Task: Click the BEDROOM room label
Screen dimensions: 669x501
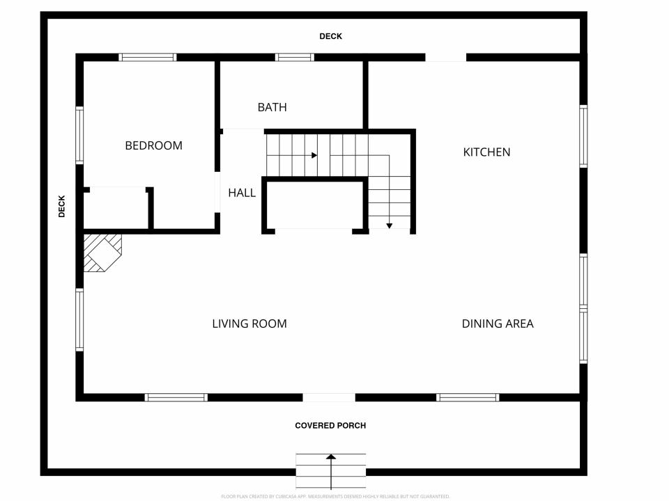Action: pyautogui.click(x=153, y=145)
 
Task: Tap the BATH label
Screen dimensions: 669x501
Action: pyautogui.click(x=272, y=107)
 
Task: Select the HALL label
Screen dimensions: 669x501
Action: pyautogui.click(x=242, y=193)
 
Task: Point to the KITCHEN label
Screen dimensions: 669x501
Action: pyautogui.click(x=487, y=152)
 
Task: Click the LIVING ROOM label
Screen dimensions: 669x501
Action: pyautogui.click(x=249, y=324)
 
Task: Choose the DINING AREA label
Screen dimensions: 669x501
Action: pyautogui.click(x=498, y=324)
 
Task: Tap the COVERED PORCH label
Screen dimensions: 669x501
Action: pyautogui.click(x=330, y=426)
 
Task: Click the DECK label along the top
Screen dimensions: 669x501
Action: pyautogui.click(x=330, y=37)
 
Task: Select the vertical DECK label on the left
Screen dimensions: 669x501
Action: pyautogui.click(x=62, y=207)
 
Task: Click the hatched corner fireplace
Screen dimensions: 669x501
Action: pyautogui.click(x=102, y=253)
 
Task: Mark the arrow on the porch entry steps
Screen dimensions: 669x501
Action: pyautogui.click(x=331, y=472)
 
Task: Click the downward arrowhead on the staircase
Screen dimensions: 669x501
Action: pyautogui.click(x=389, y=225)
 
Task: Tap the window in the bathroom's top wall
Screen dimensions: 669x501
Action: pyautogui.click(x=295, y=58)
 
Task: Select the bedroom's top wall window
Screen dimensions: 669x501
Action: pyautogui.click(x=148, y=58)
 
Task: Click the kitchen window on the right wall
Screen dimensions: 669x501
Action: pyautogui.click(x=583, y=136)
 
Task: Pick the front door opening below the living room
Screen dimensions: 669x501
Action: pyautogui.click(x=329, y=398)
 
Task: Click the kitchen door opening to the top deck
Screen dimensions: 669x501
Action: pyautogui.click(x=446, y=58)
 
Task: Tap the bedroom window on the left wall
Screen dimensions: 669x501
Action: pyautogui.click(x=79, y=135)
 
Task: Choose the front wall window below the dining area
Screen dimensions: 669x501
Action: pyautogui.click(x=468, y=398)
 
